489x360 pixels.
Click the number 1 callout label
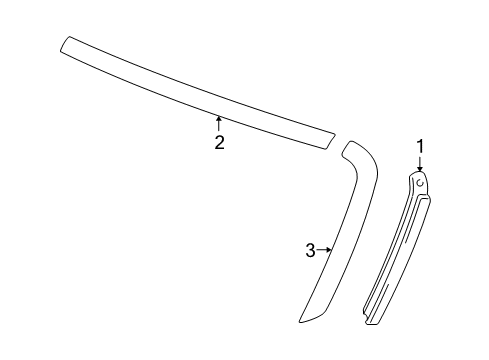pyautogui.click(x=421, y=147)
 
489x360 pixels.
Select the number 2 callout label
pyautogui.click(x=219, y=142)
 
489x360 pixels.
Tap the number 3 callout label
pyautogui.click(x=311, y=250)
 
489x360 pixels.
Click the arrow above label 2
pyautogui.click(x=219, y=124)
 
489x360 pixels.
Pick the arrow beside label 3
pyautogui.click(x=324, y=250)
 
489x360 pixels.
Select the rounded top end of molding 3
pyautogui.click(x=351, y=148)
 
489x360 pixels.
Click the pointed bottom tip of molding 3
pyautogui.click(x=302, y=320)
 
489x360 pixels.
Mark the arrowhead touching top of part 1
pyautogui.click(x=421, y=169)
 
